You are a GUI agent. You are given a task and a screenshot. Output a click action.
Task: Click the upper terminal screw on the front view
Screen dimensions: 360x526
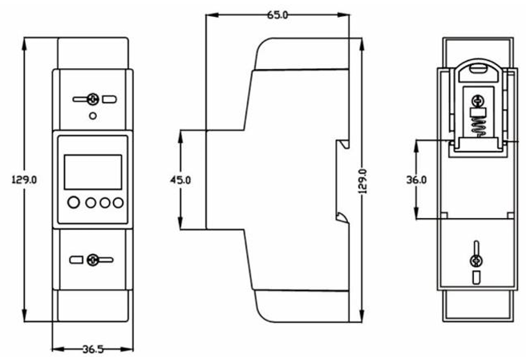pyautogui.click(x=93, y=99)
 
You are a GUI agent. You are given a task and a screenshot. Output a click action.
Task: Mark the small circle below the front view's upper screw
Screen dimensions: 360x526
pyautogui.click(x=93, y=116)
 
